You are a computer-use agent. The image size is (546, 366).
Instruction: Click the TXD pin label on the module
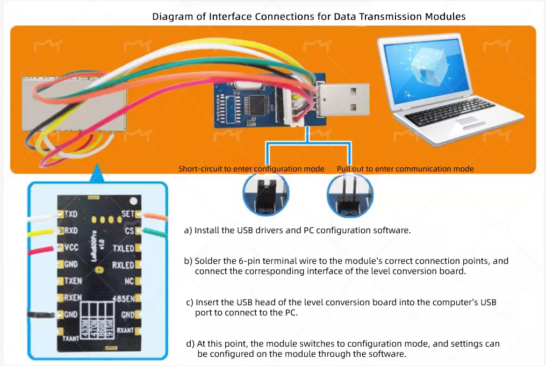[71, 214]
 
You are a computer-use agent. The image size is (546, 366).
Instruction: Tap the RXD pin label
[71, 231]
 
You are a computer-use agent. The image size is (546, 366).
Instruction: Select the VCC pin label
[71, 248]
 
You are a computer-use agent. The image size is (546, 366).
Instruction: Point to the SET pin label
[127, 214]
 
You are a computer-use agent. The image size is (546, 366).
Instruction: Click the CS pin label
[130, 231]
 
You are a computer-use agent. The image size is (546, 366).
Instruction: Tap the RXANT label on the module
[126, 331]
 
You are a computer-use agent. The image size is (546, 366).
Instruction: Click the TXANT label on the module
[70, 339]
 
